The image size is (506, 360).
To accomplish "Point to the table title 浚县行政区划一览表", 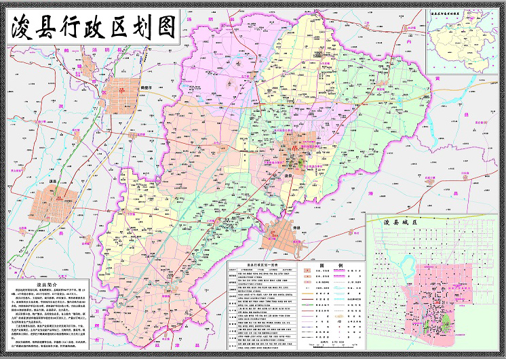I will click(x=256, y=266).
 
